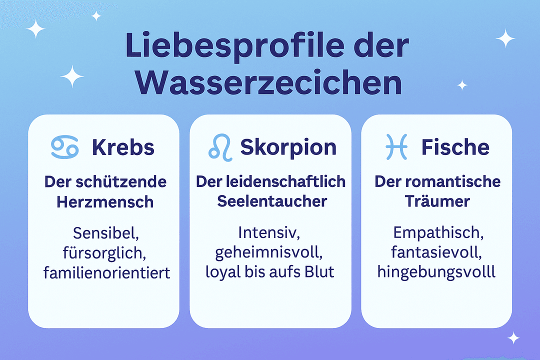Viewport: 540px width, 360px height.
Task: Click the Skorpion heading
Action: [288, 147]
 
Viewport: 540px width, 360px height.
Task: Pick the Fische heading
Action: [455, 147]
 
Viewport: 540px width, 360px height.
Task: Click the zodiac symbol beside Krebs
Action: [65, 146]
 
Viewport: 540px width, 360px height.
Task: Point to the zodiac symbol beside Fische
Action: [396, 146]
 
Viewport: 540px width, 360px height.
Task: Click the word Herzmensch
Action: [104, 201]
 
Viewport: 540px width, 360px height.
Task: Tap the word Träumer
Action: [438, 201]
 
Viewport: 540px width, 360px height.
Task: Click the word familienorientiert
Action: [107, 273]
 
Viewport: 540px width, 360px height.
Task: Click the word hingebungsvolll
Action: [436, 272]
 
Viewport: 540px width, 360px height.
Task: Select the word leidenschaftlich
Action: [288, 181]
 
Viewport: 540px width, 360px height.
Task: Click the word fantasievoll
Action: [436, 253]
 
